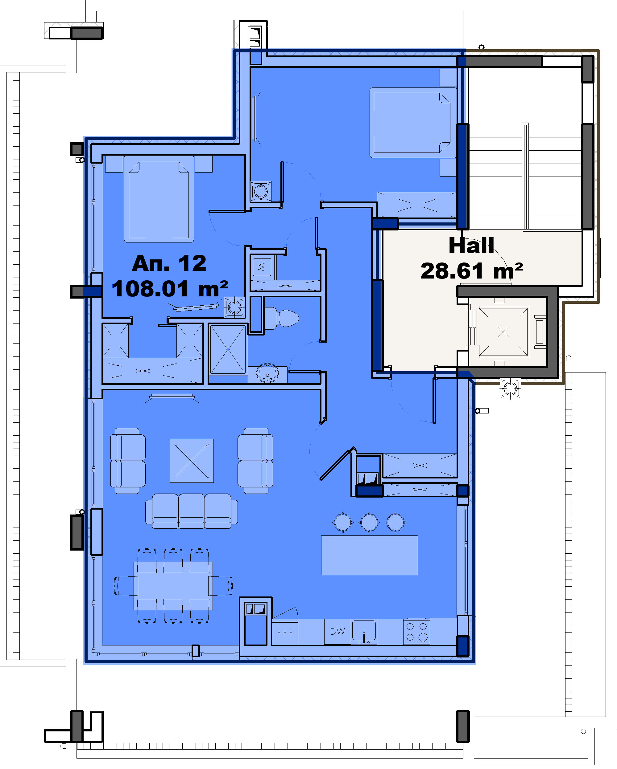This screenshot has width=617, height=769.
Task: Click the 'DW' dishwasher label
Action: coord(337,631)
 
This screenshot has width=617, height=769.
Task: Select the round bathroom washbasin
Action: coord(267,373)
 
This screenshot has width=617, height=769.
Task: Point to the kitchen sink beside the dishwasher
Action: coord(364,631)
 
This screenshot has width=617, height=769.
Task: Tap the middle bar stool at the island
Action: coord(369,522)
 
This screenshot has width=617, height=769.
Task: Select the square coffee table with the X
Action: coord(192,461)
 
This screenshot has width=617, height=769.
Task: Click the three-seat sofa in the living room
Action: coord(191,511)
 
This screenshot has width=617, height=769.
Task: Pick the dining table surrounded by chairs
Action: coord(173,586)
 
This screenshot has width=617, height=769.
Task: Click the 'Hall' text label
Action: coord(471,246)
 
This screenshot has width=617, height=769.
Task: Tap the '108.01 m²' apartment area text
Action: coord(170,289)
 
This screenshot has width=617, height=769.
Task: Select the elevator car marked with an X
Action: coord(503,332)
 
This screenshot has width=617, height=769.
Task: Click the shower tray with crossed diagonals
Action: coord(228,350)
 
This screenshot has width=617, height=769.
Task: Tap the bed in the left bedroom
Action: coord(159,199)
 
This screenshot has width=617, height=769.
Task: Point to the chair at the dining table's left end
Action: coord(126,586)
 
